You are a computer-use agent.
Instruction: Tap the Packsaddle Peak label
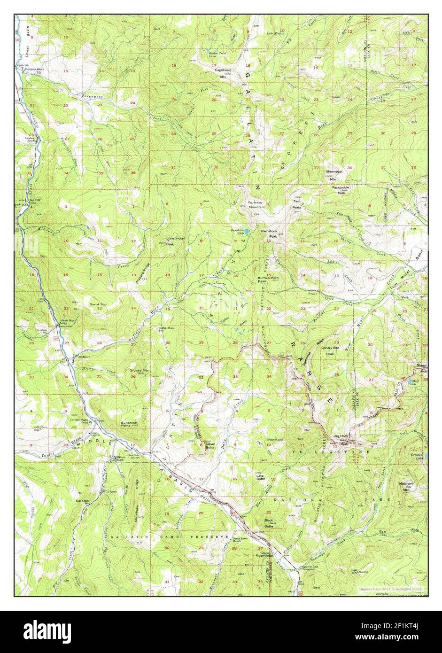(341, 189)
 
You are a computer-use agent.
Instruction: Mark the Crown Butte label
(210, 445)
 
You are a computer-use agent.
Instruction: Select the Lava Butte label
(261, 477)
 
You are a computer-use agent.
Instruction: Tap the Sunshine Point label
(129, 424)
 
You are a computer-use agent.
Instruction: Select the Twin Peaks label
(297, 205)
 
